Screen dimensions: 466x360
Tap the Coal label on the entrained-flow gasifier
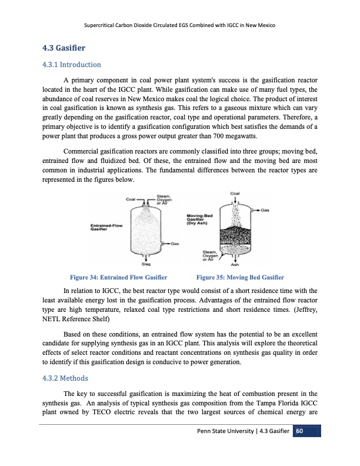pyautogui.click(x=132, y=199)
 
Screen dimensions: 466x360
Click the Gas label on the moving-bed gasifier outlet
pyautogui.click(x=265, y=210)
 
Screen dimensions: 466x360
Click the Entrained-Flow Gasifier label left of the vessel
pyautogui.click(x=106, y=227)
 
